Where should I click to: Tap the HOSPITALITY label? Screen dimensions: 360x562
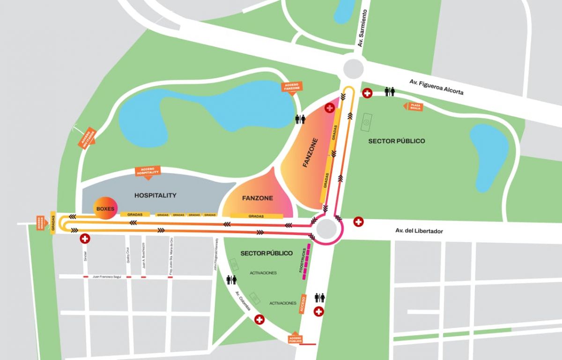tap(155, 195)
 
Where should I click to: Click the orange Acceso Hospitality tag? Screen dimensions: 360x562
tap(148, 171)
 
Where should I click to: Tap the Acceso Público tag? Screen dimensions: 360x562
tap(295, 338)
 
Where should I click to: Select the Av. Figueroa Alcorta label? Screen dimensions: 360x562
tap(436, 87)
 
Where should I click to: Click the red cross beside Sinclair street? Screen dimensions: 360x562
tap(85, 239)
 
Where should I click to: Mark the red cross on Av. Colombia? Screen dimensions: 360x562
tap(259, 320)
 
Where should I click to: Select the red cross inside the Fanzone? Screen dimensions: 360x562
tap(330, 108)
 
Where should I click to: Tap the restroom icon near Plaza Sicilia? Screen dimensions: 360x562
tap(390, 92)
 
